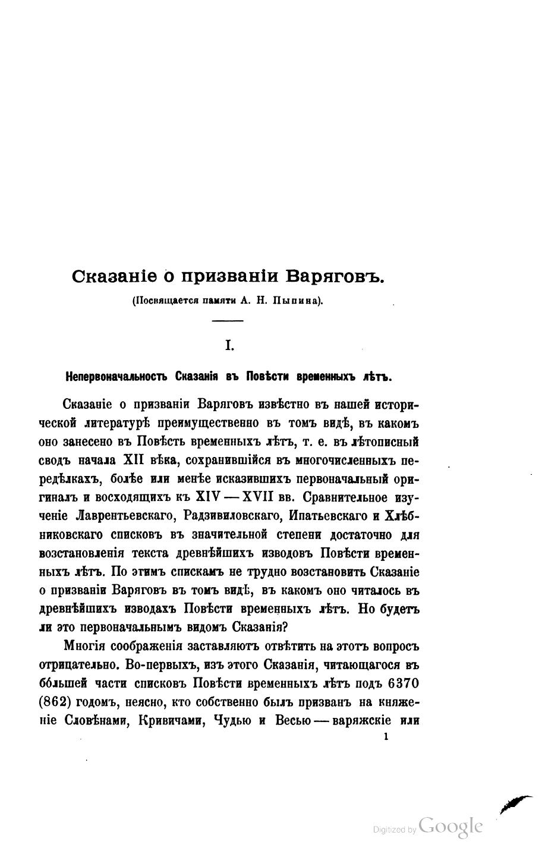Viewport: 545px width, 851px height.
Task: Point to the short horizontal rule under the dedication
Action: pyautogui.click(x=228, y=322)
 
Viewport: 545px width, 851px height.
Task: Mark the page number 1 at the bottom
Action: pyautogui.click(x=386, y=737)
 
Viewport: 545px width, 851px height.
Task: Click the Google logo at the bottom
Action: pyautogui.click(x=451, y=826)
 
